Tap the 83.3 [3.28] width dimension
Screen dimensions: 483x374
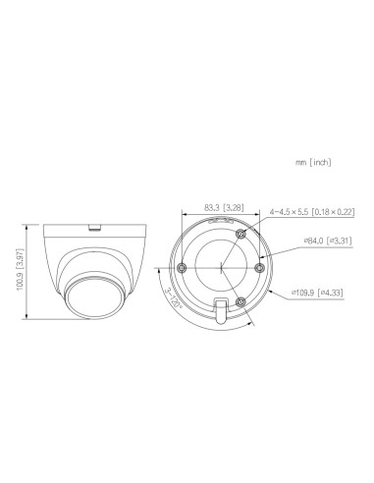pos(214,208)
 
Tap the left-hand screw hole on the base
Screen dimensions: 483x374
pos(183,265)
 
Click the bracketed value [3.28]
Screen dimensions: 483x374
pos(233,208)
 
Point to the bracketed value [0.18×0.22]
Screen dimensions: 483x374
pos(329,209)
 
